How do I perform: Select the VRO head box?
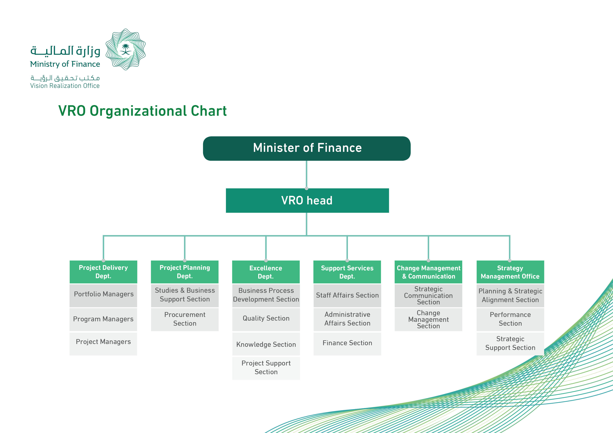click(x=307, y=201)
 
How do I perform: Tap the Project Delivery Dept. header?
click(x=103, y=272)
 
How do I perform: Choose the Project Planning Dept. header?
click(x=185, y=272)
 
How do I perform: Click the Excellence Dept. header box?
click(x=266, y=272)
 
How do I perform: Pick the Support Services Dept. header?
click(x=347, y=272)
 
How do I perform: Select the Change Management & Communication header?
click(x=428, y=272)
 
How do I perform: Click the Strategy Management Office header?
click(x=510, y=272)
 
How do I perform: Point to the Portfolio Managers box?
click(x=103, y=296)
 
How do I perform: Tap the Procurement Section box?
click(x=185, y=319)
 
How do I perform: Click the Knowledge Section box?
click(x=266, y=344)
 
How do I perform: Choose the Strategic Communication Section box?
click(x=428, y=296)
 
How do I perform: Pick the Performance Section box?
click(x=510, y=319)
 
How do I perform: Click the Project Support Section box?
click(x=266, y=368)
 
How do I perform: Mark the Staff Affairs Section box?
click(x=347, y=296)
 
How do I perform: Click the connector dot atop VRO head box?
click(x=306, y=188)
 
